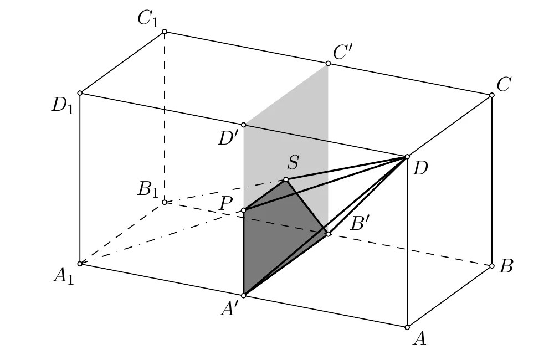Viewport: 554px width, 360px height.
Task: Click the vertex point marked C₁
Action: (165, 32)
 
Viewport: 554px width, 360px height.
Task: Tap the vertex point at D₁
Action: (80, 93)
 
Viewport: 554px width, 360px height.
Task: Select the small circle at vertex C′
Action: (328, 63)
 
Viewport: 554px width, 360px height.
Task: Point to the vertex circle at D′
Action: (243, 125)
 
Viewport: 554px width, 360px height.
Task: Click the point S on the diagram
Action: (286, 179)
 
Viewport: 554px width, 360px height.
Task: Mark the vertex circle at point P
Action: (243, 210)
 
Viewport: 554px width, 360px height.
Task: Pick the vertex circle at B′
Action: (328, 234)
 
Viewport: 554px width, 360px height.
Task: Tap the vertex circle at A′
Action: (243, 295)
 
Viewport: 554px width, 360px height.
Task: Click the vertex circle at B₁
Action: (165, 202)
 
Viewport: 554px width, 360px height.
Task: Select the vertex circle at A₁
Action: (80, 264)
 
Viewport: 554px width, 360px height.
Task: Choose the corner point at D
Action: (407, 157)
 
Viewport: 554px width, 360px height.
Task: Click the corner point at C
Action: (492, 95)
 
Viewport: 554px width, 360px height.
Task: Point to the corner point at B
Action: (492, 266)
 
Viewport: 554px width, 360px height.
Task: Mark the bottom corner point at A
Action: (407, 327)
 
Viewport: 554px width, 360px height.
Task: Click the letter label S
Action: (293, 162)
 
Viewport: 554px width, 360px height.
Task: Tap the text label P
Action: (226, 203)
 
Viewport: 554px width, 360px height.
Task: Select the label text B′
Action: (360, 223)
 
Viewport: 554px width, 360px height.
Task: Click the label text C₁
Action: (148, 19)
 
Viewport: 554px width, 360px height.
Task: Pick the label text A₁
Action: (64, 276)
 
